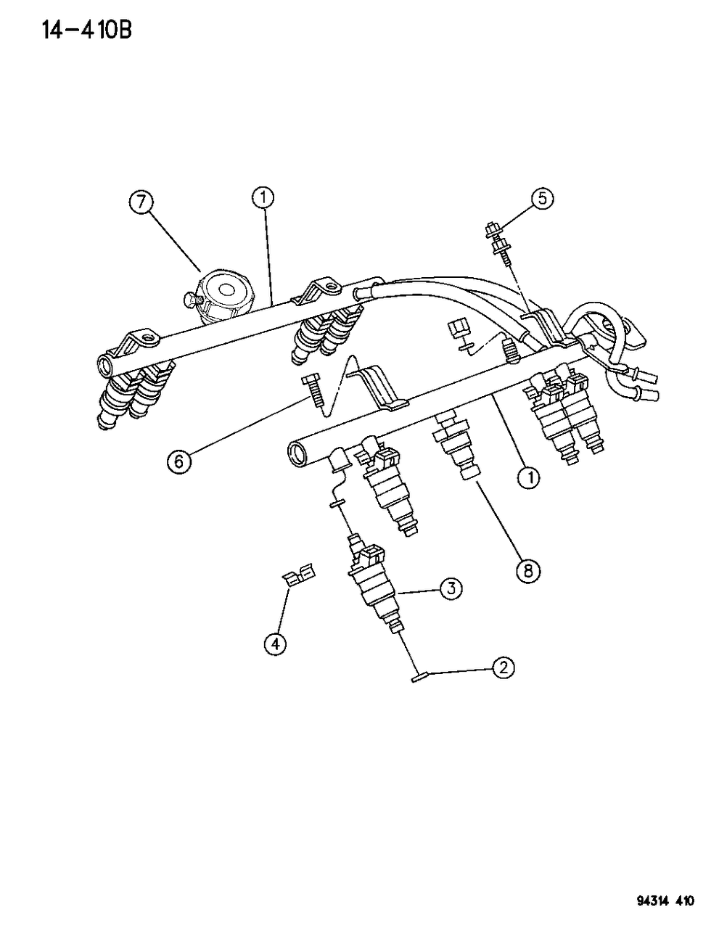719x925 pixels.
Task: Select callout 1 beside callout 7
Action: point(265,196)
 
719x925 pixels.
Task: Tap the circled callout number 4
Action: point(274,643)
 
